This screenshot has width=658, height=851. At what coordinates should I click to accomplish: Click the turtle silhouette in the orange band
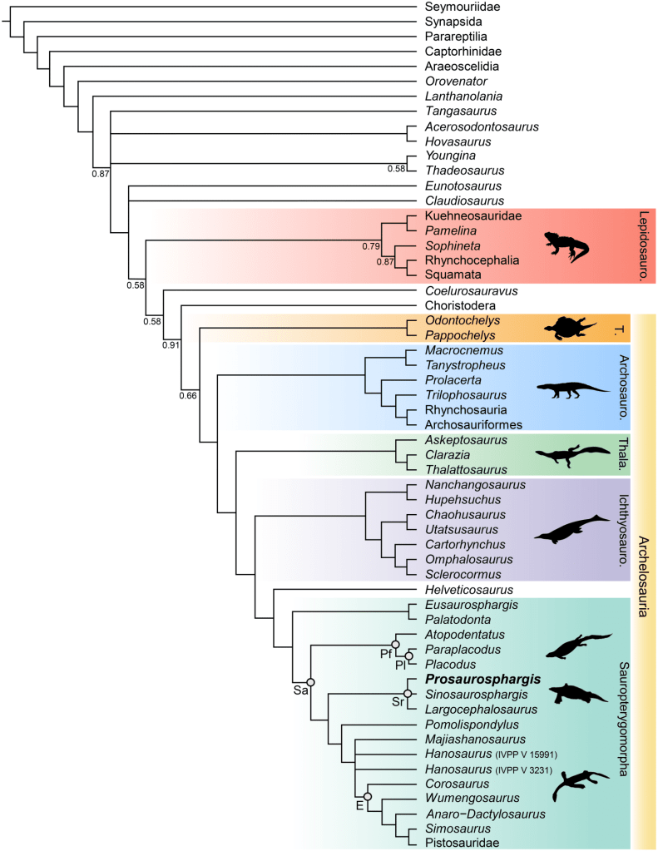coord(570,327)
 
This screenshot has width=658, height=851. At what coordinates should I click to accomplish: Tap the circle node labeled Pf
coord(396,645)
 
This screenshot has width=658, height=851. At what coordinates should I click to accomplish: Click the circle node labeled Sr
coord(408,693)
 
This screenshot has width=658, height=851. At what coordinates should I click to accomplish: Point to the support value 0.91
coord(171,345)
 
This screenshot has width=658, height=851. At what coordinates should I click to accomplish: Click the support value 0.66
coord(188,394)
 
